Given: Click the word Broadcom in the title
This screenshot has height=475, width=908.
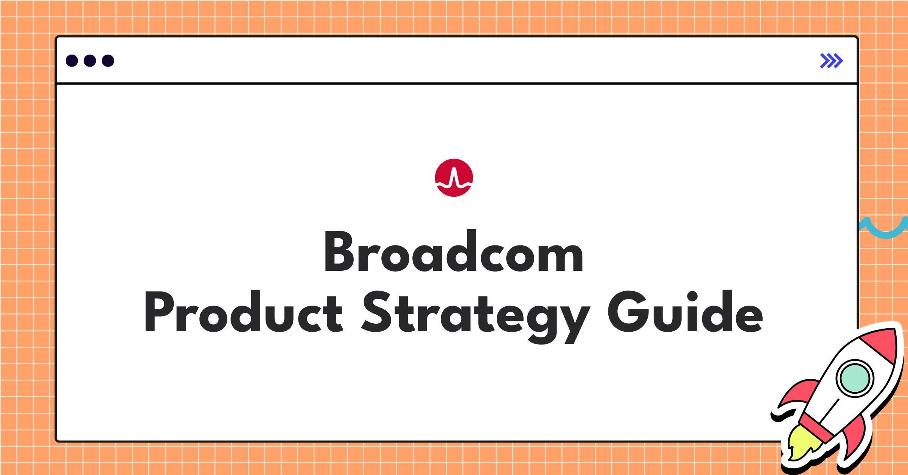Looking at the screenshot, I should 454,251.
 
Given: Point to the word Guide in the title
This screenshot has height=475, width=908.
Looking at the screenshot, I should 685,312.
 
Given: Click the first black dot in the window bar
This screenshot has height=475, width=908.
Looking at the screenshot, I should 72,61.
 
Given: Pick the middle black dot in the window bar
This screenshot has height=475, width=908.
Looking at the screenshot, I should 90,61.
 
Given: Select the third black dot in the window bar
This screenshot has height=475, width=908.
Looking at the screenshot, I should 108,61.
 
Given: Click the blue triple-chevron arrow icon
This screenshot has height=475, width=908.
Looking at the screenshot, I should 831,61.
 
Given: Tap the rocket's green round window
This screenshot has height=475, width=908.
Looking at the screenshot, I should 855,378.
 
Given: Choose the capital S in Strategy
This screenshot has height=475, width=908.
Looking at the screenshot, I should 377,312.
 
